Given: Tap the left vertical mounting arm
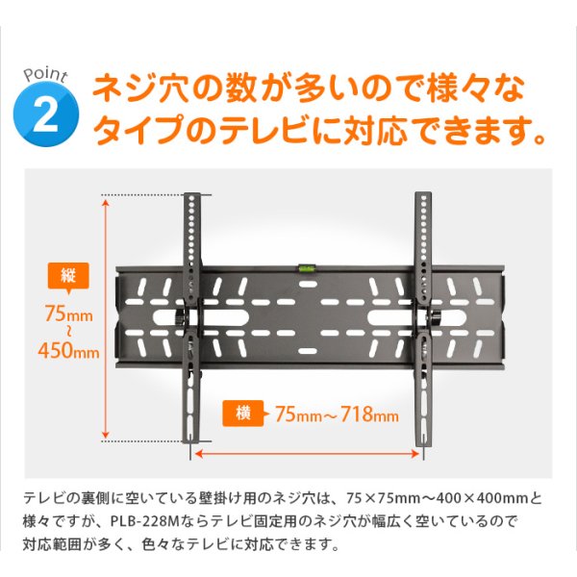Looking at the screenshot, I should click(191, 317).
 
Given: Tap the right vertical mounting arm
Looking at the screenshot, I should click(424, 317).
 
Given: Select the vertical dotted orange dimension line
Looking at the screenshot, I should click(104, 317).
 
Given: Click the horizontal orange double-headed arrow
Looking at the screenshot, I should click(308, 449).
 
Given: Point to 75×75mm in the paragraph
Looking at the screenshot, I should click(383, 498).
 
